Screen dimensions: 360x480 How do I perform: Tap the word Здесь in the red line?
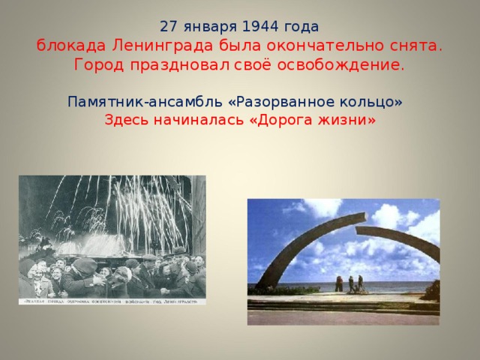click(126, 120)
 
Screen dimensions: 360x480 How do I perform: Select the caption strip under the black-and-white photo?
click(112, 300)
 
